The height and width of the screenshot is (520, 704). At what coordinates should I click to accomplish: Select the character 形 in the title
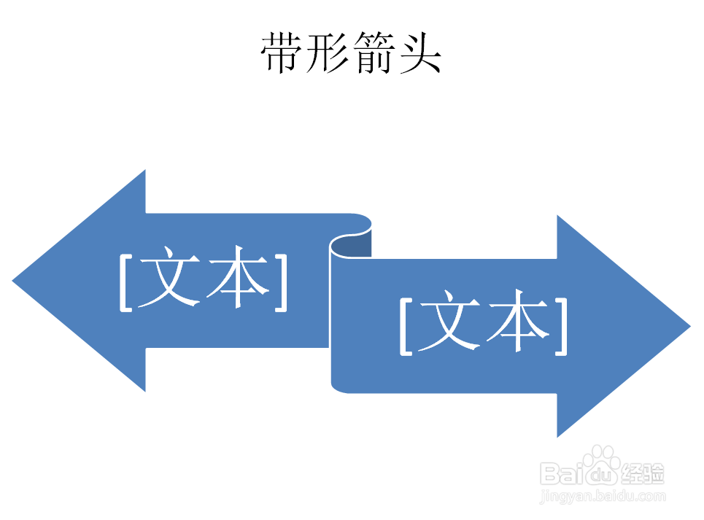(x=328, y=53)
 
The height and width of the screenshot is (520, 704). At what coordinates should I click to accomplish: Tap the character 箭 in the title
(x=374, y=53)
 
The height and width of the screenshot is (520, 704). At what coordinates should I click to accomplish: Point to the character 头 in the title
(x=419, y=53)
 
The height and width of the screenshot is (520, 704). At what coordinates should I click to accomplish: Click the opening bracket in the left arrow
(x=126, y=282)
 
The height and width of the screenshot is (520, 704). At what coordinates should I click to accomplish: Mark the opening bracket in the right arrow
(x=406, y=327)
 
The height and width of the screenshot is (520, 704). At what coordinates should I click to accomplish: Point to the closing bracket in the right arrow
(x=560, y=327)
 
